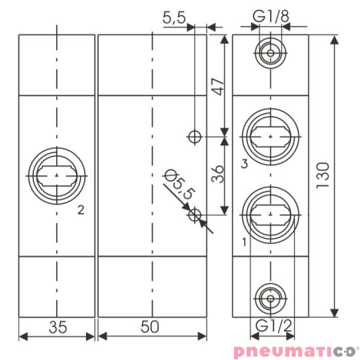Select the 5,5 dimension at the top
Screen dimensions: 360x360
pyautogui.click(x=174, y=18)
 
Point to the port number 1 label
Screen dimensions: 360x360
pyautogui.click(x=245, y=241)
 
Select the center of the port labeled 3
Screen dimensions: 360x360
pyautogui.click(x=270, y=135)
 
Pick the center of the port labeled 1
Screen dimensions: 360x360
pyautogui.click(x=270, y=215)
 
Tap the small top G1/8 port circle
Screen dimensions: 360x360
pyautogui.click(x=270, y=53)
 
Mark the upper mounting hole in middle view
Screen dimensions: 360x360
pyautogui.click(x=194, y=137)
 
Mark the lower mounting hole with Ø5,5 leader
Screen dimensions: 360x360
pyautogui.click(x=194, y=215)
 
